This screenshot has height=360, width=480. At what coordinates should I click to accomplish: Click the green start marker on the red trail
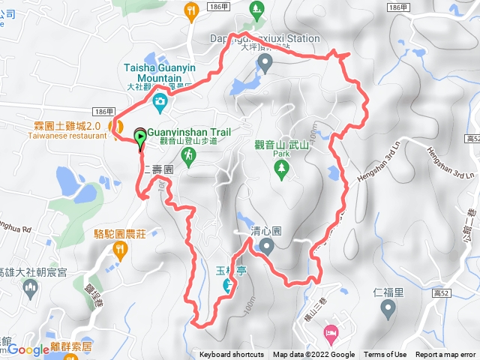click(x=140, y=136)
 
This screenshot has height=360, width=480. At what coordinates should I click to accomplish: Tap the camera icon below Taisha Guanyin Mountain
click(x=160, y=101)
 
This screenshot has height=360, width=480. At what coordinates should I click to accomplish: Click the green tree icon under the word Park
click(x=282, y=170)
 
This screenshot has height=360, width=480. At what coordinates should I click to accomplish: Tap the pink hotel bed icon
click(x=330, y=331)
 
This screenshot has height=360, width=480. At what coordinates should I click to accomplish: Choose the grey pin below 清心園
click(x=265, y=248)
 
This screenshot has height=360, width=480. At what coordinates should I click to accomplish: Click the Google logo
click(x=28, y=349)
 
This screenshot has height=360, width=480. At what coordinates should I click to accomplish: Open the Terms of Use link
click(x=385, y=355)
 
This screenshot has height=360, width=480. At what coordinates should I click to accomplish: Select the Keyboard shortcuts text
click(x=232, y=355)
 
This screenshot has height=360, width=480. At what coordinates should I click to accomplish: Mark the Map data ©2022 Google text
click(x=313, y=355)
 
